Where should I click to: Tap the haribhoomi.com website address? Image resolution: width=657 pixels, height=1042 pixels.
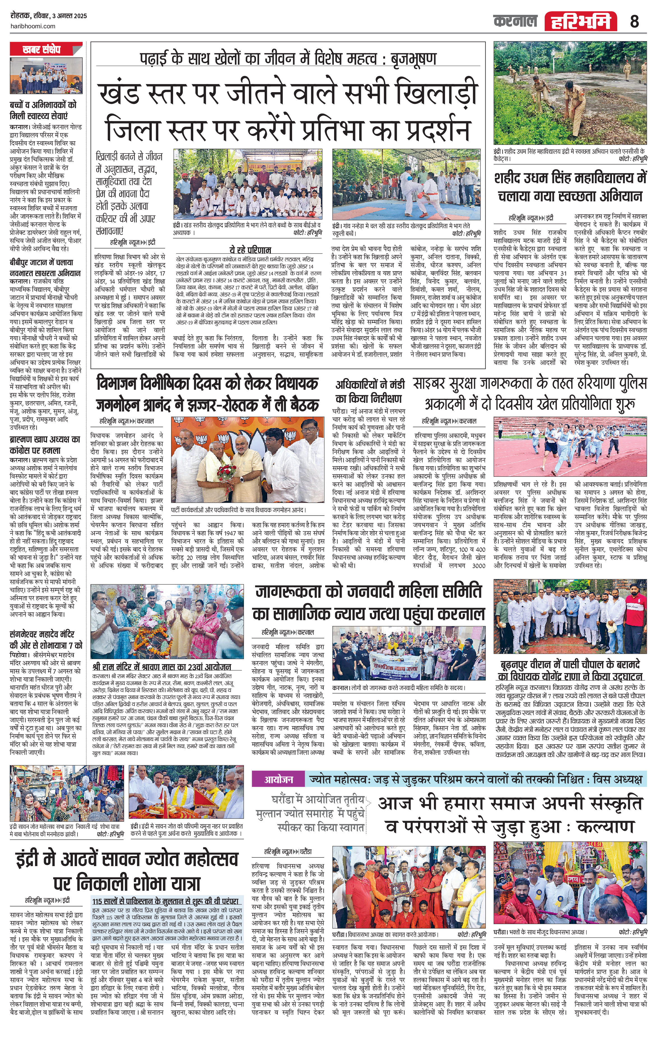[x=32, y=26]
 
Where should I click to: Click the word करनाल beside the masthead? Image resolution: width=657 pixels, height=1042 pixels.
[x=515, y=21]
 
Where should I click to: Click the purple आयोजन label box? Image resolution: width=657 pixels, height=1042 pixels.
[x=279, y=779]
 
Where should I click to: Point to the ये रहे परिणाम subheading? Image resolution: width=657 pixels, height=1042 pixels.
[x=250, y=250]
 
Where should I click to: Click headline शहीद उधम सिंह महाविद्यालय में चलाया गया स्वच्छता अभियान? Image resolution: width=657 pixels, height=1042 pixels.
[x=570, y=187]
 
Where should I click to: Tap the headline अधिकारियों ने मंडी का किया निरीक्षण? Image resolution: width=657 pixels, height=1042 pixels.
[x=370, y=391]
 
